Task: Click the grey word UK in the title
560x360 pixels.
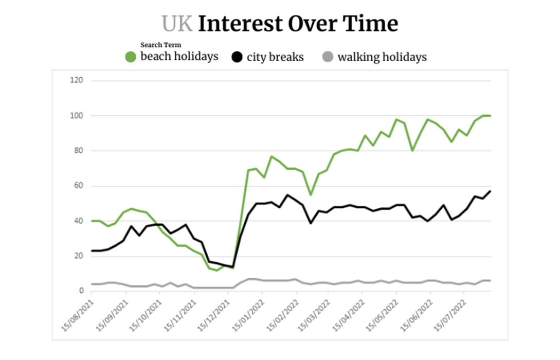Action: pos(177,24)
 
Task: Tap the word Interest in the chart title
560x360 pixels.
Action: pos(241,24)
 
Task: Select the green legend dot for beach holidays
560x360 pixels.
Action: pos(131,57)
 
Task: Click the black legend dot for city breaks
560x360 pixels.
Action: pos(237,57)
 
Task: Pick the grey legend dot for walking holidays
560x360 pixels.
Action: pos(328,57)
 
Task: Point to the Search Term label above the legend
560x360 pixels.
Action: pos(161,45)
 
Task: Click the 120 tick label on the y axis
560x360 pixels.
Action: pos(77,80)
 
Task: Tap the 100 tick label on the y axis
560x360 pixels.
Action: pos(77,115)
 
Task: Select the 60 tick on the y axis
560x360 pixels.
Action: pos(79,185)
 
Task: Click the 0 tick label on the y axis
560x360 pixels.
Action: pos(81,291)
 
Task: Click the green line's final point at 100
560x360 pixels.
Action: pos(491,116)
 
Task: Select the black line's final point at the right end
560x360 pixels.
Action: pos(491,191)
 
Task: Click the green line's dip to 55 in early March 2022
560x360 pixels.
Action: pos(311,194)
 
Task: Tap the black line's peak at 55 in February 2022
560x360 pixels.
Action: pos(287,195)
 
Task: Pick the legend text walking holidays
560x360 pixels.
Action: pos(382,57)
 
